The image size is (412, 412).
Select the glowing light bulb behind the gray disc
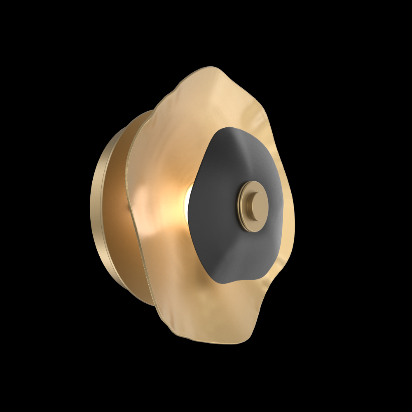click(x=190, y=202)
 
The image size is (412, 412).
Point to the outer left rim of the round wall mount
click(x=92, y=206)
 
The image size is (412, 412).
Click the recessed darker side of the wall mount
click(x=119, y=214)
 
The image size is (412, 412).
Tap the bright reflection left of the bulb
click(x=144, y=194)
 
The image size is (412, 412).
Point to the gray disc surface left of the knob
click(x=214, y=206)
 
